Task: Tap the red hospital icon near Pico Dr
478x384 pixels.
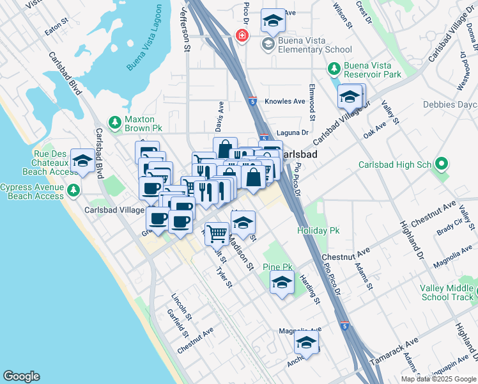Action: click(x=242, y=35)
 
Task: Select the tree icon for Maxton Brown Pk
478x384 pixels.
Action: click(x=114, y=122)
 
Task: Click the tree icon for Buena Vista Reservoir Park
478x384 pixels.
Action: click(x=332, y=68)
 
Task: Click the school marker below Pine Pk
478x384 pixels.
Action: click(x=282, y=282)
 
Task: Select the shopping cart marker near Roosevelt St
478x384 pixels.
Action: click(x=217, y=233)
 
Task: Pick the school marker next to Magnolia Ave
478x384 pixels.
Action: click(x=306, y=343)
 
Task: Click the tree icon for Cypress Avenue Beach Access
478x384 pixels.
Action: click(x=74, y=190)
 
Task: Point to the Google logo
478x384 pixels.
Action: click(x=21, y=376)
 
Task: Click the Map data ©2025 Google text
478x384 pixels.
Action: click(x=438, y=379)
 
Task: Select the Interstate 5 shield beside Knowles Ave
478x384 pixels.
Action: click(x=253, y=100)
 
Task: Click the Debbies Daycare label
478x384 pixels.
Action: click(x=450, y=105)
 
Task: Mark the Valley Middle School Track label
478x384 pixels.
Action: click(x=447, y=292)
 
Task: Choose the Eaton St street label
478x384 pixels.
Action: click(x=56, y=30)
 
